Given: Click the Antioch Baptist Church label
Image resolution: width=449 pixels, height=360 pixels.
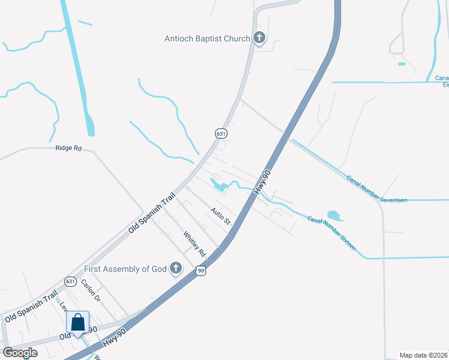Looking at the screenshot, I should tap(207, 39).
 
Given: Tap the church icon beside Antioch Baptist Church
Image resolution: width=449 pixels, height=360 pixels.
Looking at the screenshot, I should tap(259, 39).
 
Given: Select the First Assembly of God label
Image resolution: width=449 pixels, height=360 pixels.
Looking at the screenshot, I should tap(125, 269).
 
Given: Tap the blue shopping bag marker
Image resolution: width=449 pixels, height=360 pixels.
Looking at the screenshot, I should tap(78, 323).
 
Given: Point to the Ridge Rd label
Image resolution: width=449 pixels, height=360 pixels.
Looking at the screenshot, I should tap(68, 148).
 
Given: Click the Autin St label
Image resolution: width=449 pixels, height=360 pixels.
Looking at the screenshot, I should tap(220, 216).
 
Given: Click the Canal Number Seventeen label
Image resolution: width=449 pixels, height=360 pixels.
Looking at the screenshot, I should tap(377, 188).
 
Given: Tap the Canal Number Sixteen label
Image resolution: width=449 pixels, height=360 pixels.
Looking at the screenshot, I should tap(332, 233).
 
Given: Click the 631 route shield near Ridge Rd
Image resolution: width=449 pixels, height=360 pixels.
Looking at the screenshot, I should tap(221, 134).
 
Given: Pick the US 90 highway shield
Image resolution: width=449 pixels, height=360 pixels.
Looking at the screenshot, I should tap(201, 271).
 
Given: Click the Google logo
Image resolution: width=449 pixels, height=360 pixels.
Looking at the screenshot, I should tap(20, 352).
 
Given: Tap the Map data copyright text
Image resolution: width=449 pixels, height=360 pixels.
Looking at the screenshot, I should tap(423, 355).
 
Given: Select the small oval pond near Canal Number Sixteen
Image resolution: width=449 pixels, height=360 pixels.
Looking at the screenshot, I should tap(333, 215).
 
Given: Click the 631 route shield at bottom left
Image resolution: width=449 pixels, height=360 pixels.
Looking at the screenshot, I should tap(71, 281).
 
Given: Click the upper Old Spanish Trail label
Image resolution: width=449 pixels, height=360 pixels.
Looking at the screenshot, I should tap(151, 212).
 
